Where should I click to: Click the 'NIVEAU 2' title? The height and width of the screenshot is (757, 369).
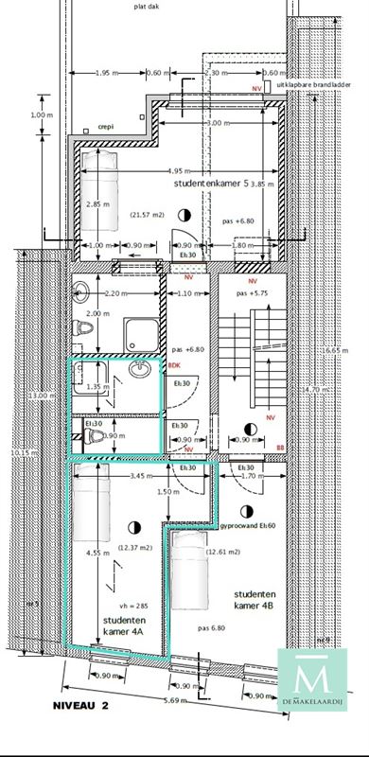81,705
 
